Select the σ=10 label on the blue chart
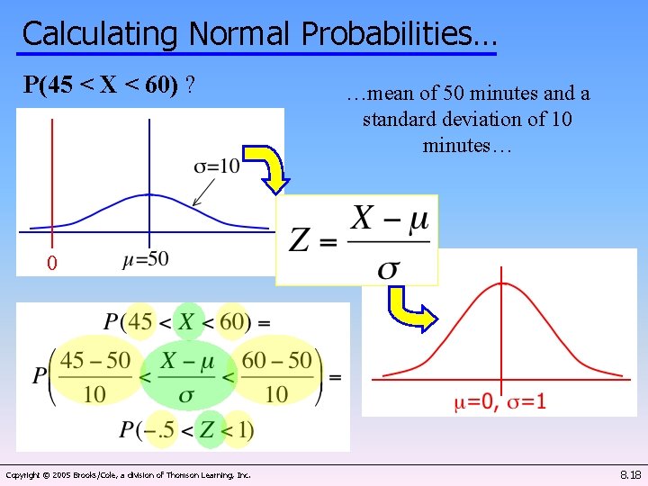pos(217,166)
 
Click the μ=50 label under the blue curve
pos(145,260)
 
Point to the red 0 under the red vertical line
pos(52,264)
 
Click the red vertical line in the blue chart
pos(52,180)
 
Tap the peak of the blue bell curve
pos(148,194)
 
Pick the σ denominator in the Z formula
pos(390,267)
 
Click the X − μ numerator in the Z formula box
pos(390,219)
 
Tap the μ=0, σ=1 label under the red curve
pos(499,401)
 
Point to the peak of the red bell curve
pos(502,283)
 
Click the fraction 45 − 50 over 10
pos(94,376)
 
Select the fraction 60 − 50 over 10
pos(277,376)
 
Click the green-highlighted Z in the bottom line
pos(208,430)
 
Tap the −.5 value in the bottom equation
pos(159,430)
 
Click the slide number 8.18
pos(630,474)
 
